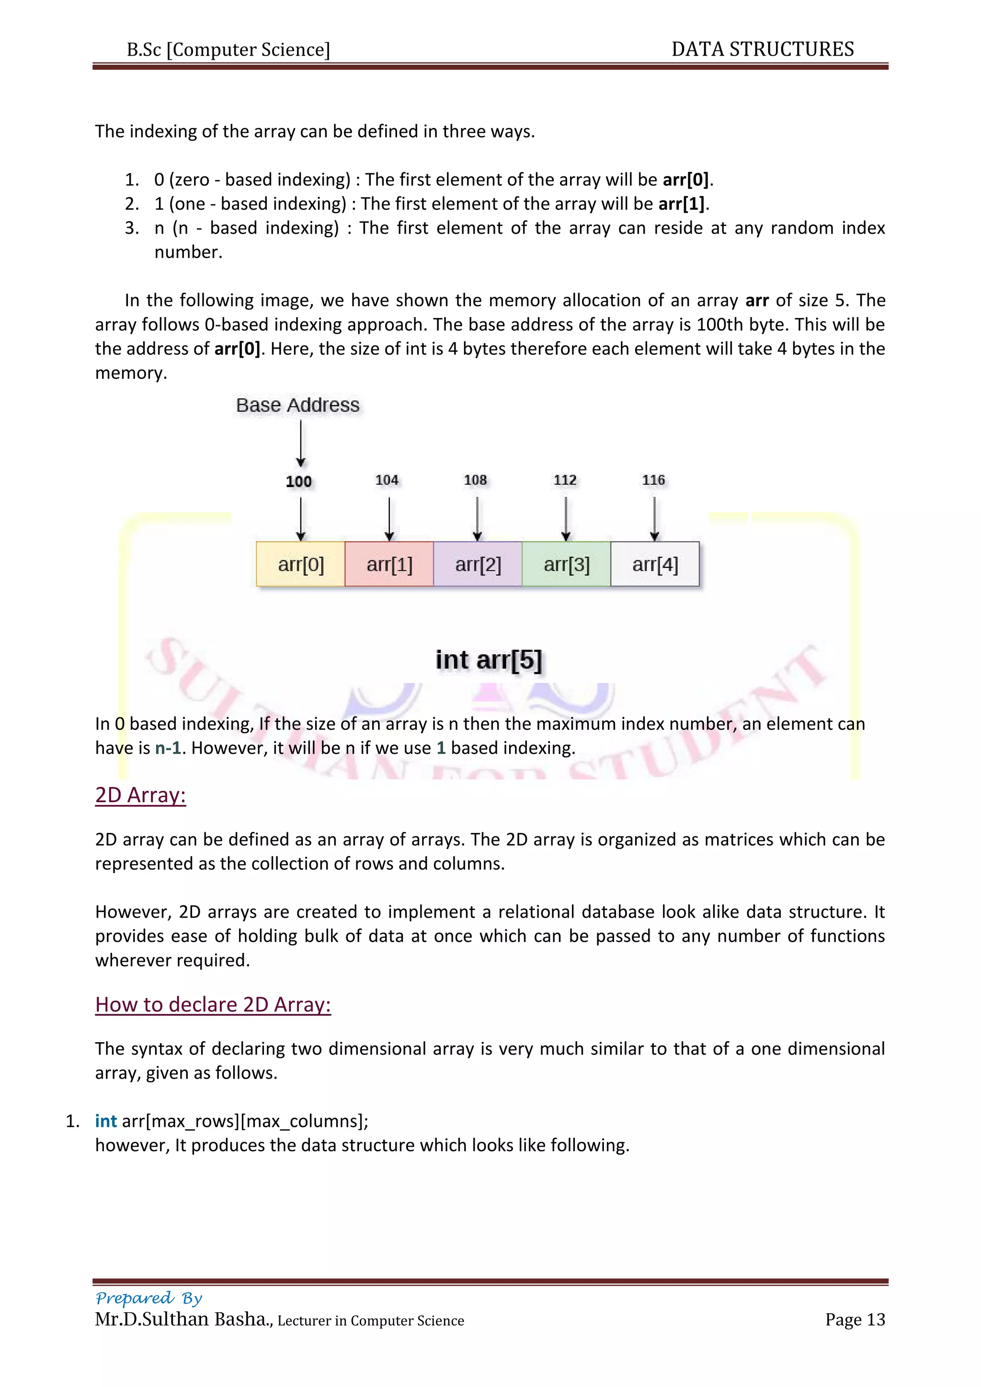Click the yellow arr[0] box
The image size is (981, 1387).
tap(300, 564)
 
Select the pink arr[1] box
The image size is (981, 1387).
tap(389, 564)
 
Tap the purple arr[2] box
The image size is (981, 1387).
tap(478, 564)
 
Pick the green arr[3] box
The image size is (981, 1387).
tap(566, 564)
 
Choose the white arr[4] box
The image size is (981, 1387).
tap(655, 564)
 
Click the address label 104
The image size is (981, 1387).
tap(387, 480)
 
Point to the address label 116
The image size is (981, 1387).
tap(653, 480)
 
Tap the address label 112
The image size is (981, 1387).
tap(565, 480)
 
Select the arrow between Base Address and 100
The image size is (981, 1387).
tap(301, 443)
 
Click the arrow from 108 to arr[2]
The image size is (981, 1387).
tap(477, 518)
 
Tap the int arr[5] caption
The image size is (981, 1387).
tap(489, 659)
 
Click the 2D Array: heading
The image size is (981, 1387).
tap(140, 795)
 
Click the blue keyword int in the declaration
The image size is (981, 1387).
tap(106, 1121)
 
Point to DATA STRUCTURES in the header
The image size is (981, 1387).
tap(762, 49)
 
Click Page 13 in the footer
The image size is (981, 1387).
tap(855, 1319)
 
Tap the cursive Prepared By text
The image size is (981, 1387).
tap(148, 1297)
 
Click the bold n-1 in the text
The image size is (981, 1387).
tap(168, 748)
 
